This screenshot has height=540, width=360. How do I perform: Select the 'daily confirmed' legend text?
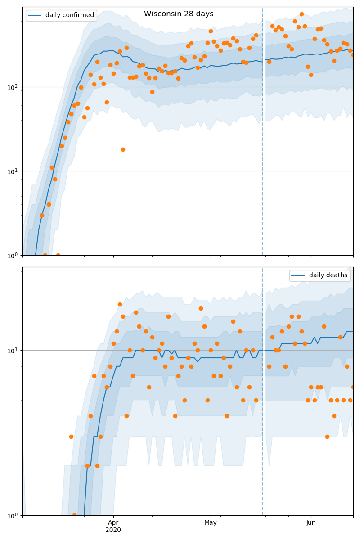click(x=70, y=15)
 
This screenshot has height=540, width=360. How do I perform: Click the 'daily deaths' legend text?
click(x=328, y=275)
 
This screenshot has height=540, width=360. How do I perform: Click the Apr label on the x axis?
click(x=113, y=522)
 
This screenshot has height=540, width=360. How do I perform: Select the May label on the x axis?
click(x=211, y=522)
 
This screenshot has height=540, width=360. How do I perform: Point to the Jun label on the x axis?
click(x=311, y=522)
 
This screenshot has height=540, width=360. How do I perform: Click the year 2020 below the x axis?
click(x=113, y=530)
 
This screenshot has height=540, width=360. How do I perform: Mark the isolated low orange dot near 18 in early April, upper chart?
click(x=123, y=149)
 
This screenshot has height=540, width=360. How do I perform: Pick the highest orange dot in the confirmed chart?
click(x=301, y=14)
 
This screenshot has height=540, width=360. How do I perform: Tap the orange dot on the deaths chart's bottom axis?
click(x=74, y=515)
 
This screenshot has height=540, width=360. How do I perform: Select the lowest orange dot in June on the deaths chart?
click(x=327, y=436)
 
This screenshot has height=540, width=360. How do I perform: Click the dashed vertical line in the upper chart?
click(x=262, y=135)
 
